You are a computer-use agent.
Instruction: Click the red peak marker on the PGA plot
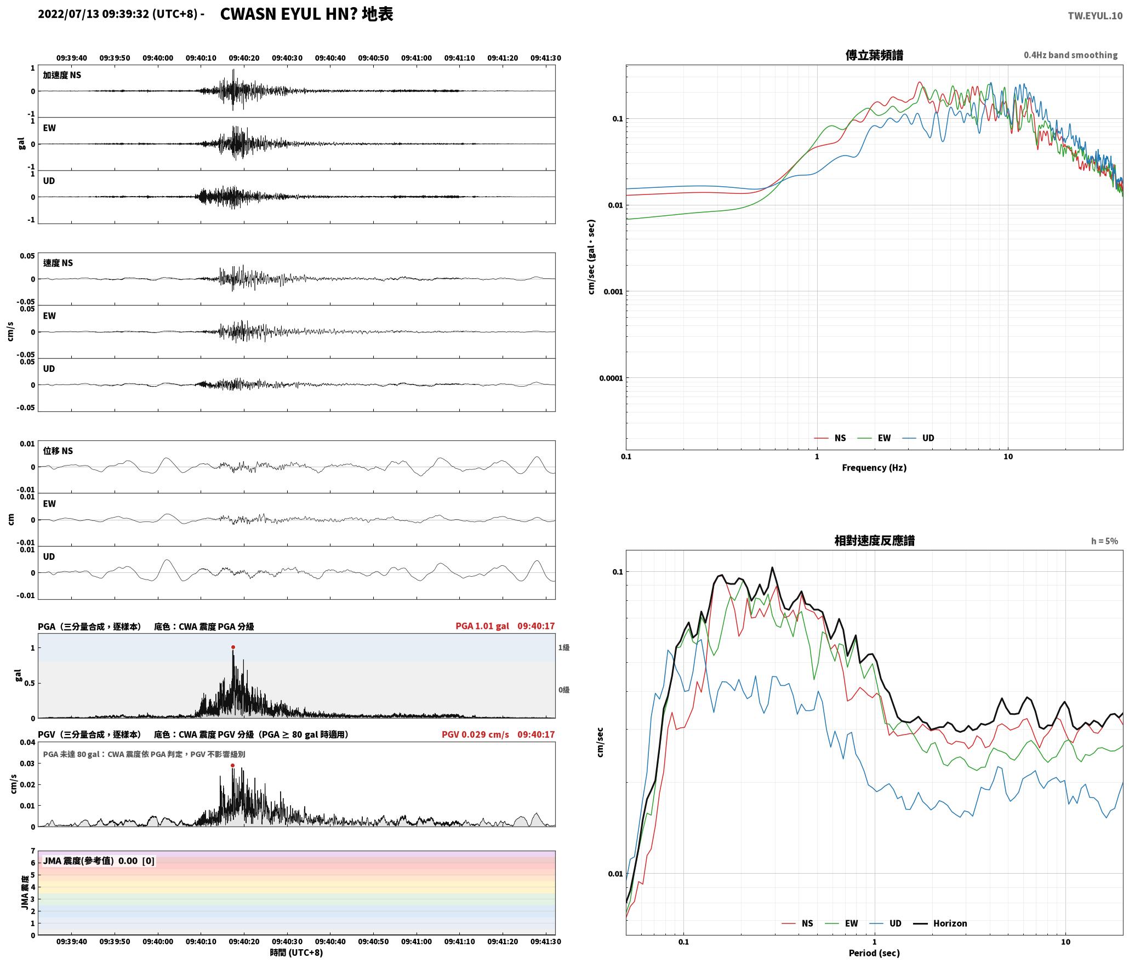[233, 647]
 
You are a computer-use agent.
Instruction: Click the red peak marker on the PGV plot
[233, 765]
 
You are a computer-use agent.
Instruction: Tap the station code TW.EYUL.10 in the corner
[1095, 16]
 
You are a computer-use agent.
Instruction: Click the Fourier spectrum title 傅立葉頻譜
[874, 55]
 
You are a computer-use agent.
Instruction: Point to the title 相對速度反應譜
[874, 541]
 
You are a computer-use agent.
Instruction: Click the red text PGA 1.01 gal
[482, 626]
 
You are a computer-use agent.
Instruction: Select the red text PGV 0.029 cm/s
[475, 735]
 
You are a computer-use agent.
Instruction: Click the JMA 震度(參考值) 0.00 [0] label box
[99, 861]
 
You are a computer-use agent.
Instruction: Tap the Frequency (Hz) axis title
[874, 468]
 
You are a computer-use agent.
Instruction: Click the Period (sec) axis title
[874, 953]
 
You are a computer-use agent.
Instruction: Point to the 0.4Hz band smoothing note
[1070, 55]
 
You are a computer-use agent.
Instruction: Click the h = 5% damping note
[1104, 541]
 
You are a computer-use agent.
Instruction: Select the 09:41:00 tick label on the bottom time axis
[417, 942]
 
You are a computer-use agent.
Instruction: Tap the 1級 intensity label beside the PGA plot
[564, 647]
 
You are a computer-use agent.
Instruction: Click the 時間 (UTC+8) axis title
[296, 952]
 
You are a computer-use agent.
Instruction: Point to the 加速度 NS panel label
[62, 75]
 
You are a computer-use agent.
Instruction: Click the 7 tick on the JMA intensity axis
[33, 851]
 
